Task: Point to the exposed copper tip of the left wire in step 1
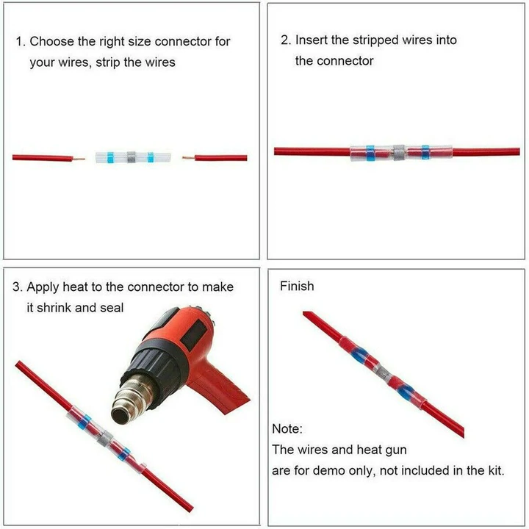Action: coord(80,158)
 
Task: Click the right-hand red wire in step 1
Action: coord(220,157)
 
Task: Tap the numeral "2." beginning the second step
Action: coord(286,40)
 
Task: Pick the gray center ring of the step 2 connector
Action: coord(399,153)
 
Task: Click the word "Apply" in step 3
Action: coord(46,287)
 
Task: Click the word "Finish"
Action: coord(297,286)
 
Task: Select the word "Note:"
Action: coord(287,428)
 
